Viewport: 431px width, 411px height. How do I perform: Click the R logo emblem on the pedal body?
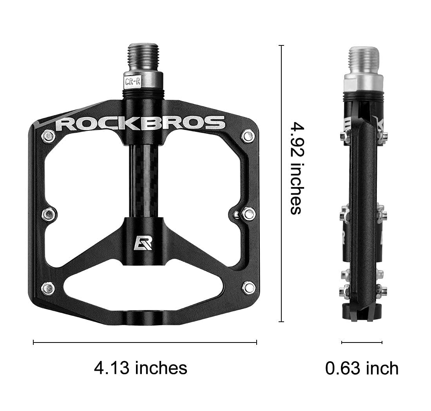click(x=143, y=243)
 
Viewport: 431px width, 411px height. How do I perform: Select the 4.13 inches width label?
click(x=140, y=368)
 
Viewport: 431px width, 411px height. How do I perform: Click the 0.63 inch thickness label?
click(x=362, y=368)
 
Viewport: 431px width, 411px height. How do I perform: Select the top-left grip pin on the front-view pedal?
click(x=48, y=136)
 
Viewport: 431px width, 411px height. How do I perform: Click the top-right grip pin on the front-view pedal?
click(x=248, y=136)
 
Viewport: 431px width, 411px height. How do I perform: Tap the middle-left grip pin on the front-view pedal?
click(x=49, y=214)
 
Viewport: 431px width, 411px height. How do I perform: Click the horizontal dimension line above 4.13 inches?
click(x=145, y=342)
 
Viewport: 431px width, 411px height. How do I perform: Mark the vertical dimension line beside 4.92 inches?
click(x=281, y=184)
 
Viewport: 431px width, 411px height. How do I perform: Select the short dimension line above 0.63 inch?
click(x=362, y=342)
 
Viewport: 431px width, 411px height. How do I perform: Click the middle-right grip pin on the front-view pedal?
click(x=248, y=214)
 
